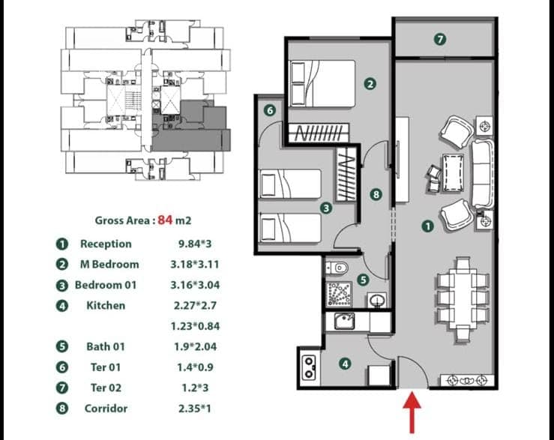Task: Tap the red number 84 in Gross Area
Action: pos(165,220)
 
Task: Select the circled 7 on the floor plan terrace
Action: pos(440,39)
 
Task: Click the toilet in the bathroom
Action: pos(337,268)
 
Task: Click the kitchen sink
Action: pos(344,321)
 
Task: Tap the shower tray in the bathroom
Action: pos(339,294)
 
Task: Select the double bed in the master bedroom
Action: pos(322,83)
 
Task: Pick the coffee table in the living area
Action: pos(453,173)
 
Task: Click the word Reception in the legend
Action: pos(106,244)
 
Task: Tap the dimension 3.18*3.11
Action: pos(195,265)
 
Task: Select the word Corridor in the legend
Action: pos(106,409)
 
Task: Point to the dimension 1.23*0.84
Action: pos(195,326)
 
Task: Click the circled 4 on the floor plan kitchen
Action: pos(345,364)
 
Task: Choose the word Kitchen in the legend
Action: pos(106,306)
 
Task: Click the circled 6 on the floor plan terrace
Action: pos(270,111)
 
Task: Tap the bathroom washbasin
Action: pos(377,300)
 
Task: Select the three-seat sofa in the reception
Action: pos(482,173)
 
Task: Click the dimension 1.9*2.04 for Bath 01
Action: pos(195,347)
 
